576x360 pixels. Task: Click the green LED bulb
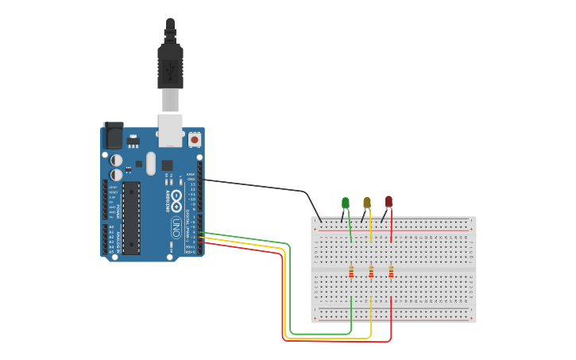[x=345, y=203]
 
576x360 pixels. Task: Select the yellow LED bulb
[x=366, y=203]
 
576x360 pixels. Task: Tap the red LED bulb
[x=389, y=202]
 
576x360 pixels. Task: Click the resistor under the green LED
[x=351, y=273]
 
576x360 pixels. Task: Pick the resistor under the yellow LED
[x=371, y=273]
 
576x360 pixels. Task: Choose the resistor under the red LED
[x=391, y=273]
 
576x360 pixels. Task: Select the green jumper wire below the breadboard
[x=318, y=334]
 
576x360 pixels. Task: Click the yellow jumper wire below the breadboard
[x=326, y=338]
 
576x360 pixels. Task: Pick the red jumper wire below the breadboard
[x=334, y=342]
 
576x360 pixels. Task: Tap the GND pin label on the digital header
[x=191, y=180]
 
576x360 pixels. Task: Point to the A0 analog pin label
[x=110, y=226]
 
